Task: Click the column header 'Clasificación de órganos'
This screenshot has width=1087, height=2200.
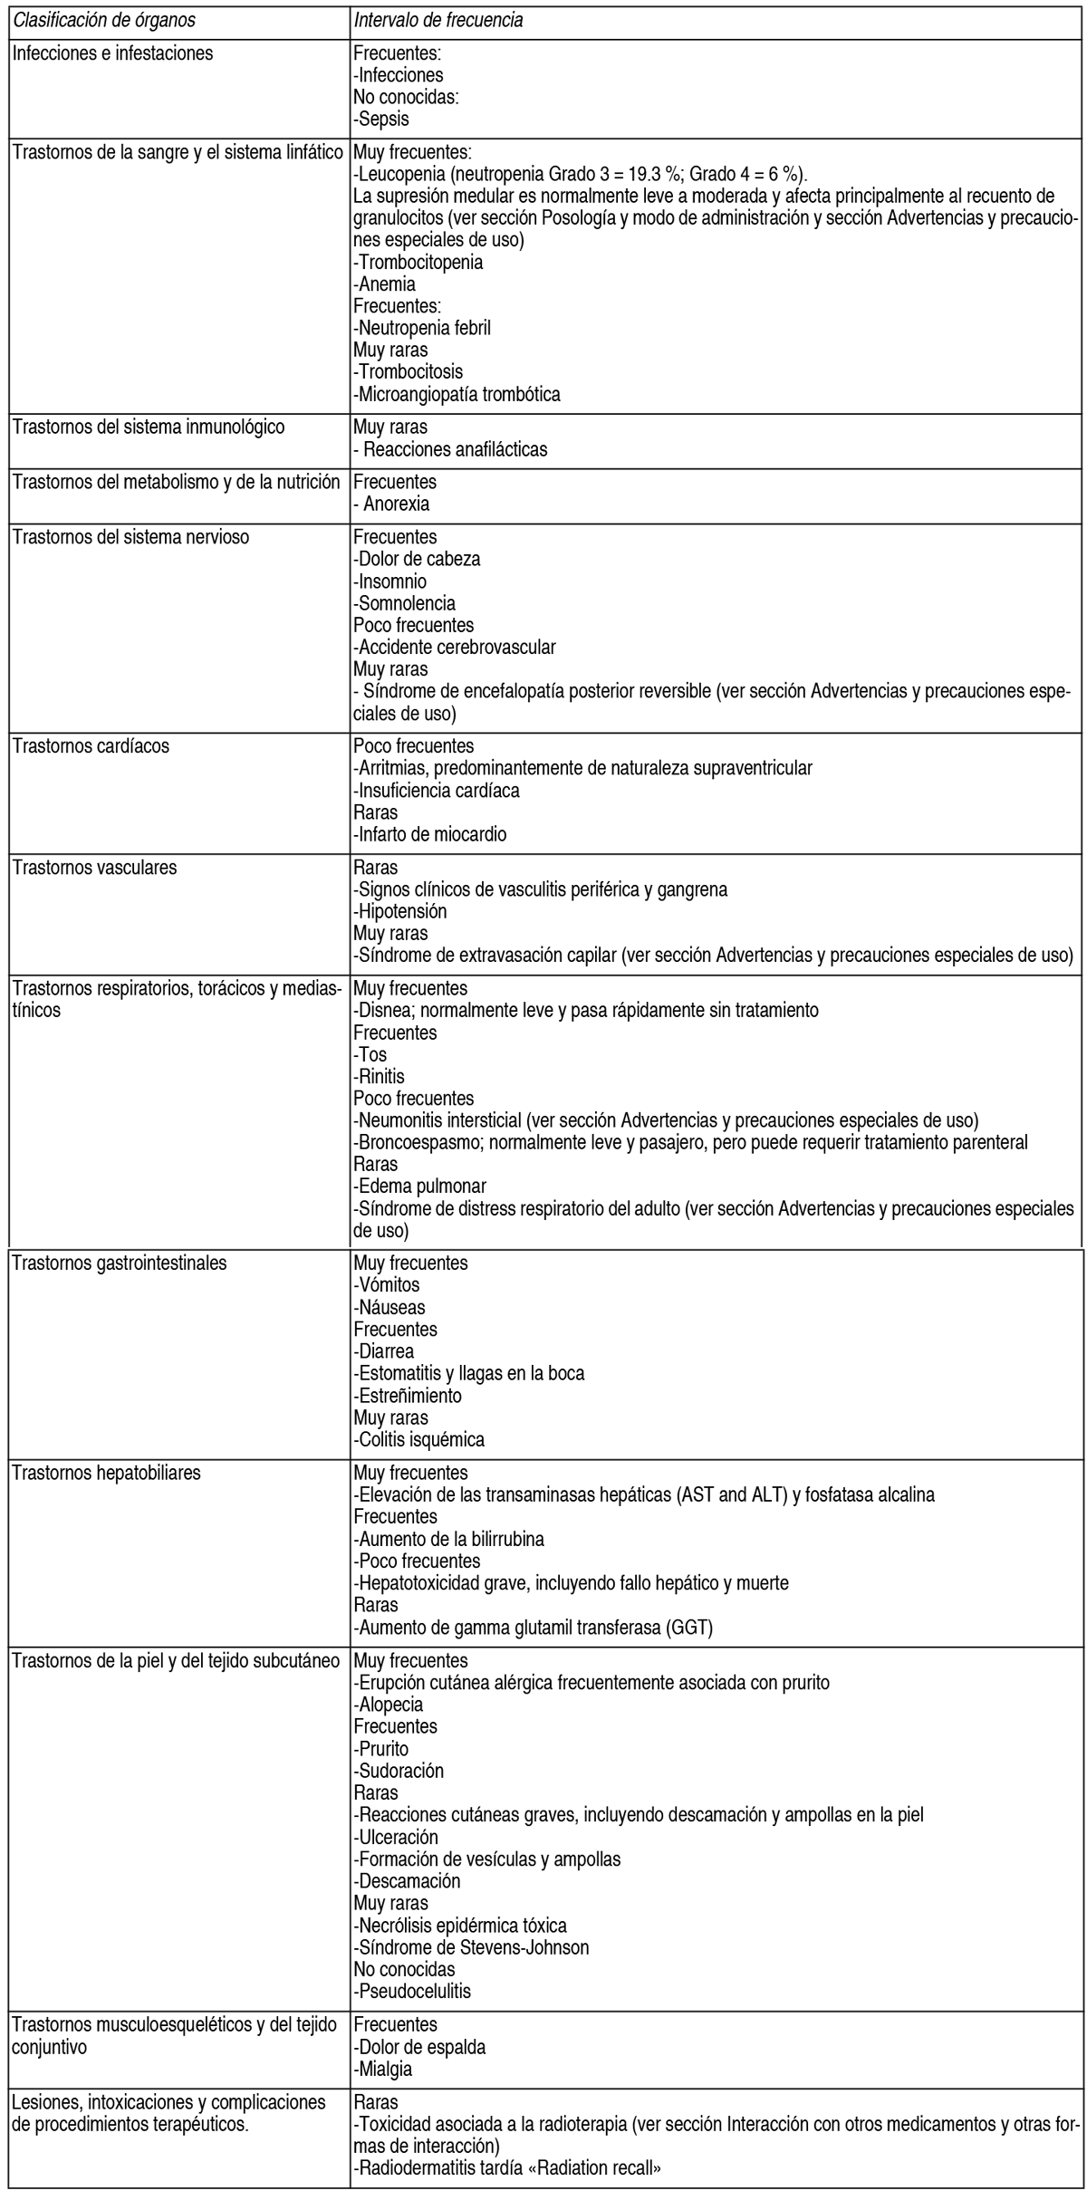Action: [x=103, y=19]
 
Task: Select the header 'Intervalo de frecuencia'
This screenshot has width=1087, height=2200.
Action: [x=438, y=19]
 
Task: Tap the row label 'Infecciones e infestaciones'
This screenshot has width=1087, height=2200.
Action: [x=112, y=53]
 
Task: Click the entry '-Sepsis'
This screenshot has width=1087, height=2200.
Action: [x=381, y=119]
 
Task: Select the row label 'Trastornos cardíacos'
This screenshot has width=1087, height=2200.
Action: [x=91, y=747]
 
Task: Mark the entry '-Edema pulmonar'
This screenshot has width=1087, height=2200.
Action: [x=419, y=1186]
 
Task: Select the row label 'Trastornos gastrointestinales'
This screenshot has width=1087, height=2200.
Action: [x=120, y=1263]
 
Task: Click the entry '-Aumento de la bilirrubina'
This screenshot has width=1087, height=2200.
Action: [x=448, y=1539]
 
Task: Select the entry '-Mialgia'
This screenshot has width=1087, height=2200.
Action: [x=382, y=2069]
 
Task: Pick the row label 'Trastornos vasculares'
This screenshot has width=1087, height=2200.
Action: [x=94, y=868]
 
